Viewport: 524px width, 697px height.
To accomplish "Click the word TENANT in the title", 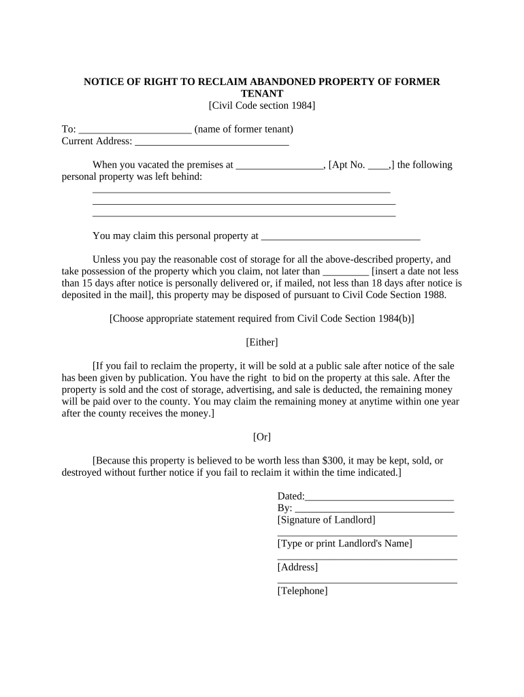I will pos(262,93).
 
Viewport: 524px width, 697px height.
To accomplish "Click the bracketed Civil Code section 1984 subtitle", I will pos(262,106).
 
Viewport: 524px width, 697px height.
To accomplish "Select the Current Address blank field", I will pos(212,142).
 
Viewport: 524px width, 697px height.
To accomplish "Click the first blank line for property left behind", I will pos(241,190).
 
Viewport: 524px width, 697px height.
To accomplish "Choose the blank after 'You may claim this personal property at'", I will pos(340,236).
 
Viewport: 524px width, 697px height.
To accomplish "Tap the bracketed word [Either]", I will pos(262,342).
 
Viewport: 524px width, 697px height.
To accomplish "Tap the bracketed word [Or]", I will pos(262,437).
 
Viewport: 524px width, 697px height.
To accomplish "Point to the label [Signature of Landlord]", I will pos(326,520).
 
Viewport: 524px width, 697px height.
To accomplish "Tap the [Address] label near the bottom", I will pos(297,568).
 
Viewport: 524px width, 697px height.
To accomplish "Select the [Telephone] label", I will pos(302,591).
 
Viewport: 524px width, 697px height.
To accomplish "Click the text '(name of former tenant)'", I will pos(244,129).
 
